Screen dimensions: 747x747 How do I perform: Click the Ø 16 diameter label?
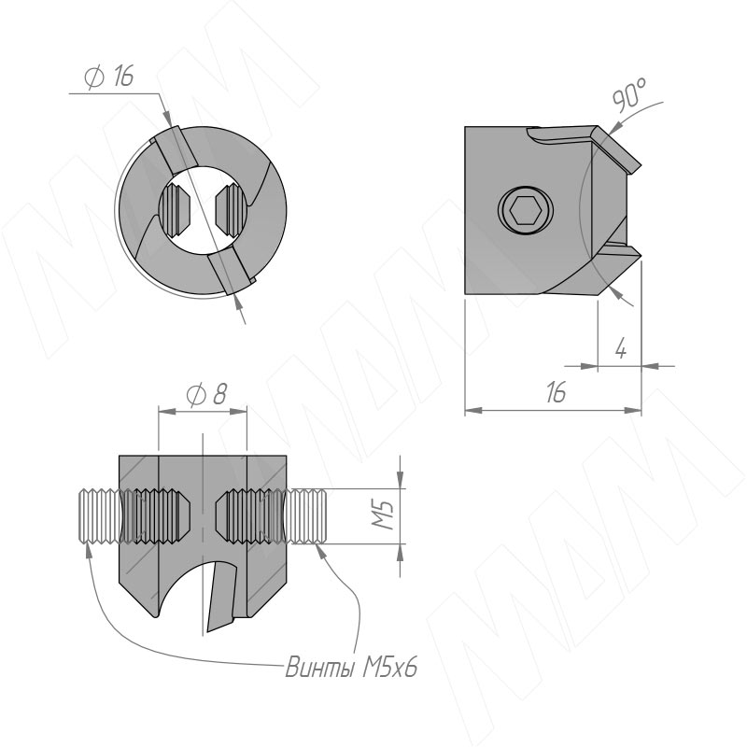tap(109, 76)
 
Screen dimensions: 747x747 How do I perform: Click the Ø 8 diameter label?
tap(206, 394)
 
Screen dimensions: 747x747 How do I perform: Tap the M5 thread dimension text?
tap(384, 514)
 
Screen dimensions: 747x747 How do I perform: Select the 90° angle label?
tap(629, 94)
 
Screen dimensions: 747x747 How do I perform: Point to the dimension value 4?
tap(620, 349)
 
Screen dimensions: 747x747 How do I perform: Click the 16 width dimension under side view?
tap(556, 391)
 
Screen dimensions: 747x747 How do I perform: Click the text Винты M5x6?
tap(351, 667)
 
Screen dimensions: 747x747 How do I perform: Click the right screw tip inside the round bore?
tap(231, 209)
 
